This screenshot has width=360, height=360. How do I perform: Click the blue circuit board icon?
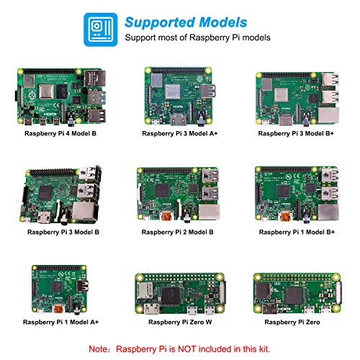(x=101, y=30)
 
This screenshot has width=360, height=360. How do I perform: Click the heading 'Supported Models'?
(x=186, y=22)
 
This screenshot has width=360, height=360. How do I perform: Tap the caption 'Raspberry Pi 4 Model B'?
(x=60, y=133)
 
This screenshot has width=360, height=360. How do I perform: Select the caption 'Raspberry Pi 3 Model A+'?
(x=180, y=133)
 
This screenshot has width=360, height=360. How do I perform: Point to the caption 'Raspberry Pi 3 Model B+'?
(x=296, y=133)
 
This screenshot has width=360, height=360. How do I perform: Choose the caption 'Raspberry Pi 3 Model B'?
(x=63, y=232)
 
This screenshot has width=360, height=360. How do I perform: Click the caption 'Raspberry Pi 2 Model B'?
(x=177, y=232)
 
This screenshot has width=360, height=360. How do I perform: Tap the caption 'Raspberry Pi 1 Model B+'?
(x=297, y=232)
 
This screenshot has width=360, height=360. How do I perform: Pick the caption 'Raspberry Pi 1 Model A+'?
(x=60, y=322)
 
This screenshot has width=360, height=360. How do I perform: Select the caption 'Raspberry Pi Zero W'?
(x=180, y=322)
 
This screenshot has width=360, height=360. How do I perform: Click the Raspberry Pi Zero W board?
(x=180, y=294)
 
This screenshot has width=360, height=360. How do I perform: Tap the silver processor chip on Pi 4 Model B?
(x=46, y=91)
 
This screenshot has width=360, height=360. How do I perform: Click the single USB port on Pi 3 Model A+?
(x=208, y=91)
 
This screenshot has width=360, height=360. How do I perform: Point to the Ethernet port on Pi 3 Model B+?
(x=328, y=116)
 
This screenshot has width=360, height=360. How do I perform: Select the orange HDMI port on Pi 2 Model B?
(x=167, y=216)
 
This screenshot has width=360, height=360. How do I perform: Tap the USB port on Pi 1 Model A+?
(x=82, y=287)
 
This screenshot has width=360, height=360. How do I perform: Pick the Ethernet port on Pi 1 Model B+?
(x=328, y=212)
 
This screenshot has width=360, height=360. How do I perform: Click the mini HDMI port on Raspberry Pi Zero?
(x=270, y=309)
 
